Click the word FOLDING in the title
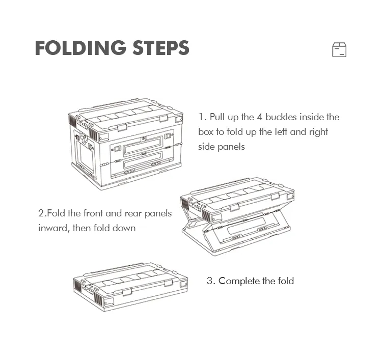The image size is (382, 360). (80, 48)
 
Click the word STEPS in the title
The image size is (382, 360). (161, 48)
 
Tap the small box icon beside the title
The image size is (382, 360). (339, 50)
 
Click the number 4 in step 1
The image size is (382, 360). (259, 117)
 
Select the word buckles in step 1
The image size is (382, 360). (281, 117)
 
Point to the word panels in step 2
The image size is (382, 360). (158, 214)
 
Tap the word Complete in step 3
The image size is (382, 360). (239, 281)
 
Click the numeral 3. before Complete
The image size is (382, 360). (211, 281)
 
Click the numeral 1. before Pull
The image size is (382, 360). (203, 117)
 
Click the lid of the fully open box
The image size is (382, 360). (125, 116)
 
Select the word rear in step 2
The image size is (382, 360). (133, 214)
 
